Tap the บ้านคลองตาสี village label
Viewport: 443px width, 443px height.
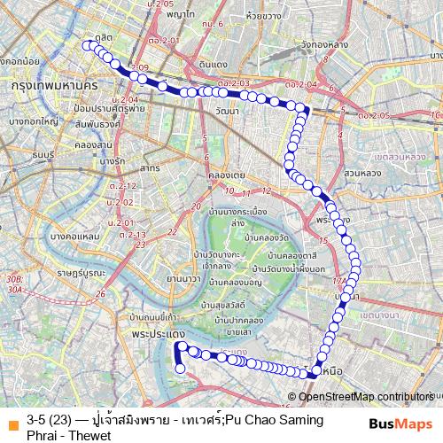click(x=273, y=253)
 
